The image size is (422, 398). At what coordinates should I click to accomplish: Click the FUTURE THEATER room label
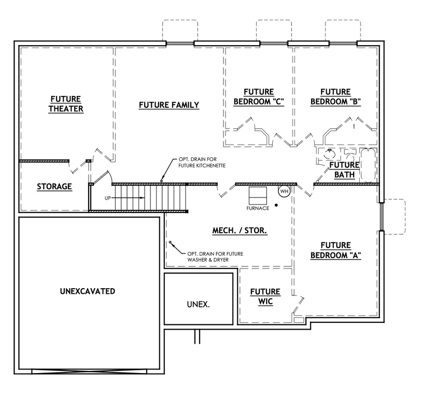tap(66, 104)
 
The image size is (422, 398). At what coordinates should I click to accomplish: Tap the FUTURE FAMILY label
tap(169, 105)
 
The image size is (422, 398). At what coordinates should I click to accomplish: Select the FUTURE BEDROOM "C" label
tap(259, 97)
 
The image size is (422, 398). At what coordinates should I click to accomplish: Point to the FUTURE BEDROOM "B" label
tap(335, 97)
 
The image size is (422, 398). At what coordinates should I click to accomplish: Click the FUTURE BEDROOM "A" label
tap(335, 250)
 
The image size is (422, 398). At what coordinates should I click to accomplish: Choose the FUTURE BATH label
tap(344, 170)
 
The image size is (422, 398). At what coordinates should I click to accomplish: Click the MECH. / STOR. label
tap(240, 231)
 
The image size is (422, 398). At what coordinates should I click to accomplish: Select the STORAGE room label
tap(54, 187)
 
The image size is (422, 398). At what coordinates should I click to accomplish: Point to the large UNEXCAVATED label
tap(88, 291)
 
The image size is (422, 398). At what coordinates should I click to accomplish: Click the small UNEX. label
tap(198, 304)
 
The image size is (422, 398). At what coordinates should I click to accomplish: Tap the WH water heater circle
tap(284, 191)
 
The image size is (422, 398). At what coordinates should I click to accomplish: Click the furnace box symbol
tap(258, 195)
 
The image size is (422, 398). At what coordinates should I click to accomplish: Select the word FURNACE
tap(258, 208)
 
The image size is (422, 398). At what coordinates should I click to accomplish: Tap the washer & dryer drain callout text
tap(216, 256)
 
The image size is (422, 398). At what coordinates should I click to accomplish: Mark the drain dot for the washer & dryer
tap(170, 243)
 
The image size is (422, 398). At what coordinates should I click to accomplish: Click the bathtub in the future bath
tap(368, 165)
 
